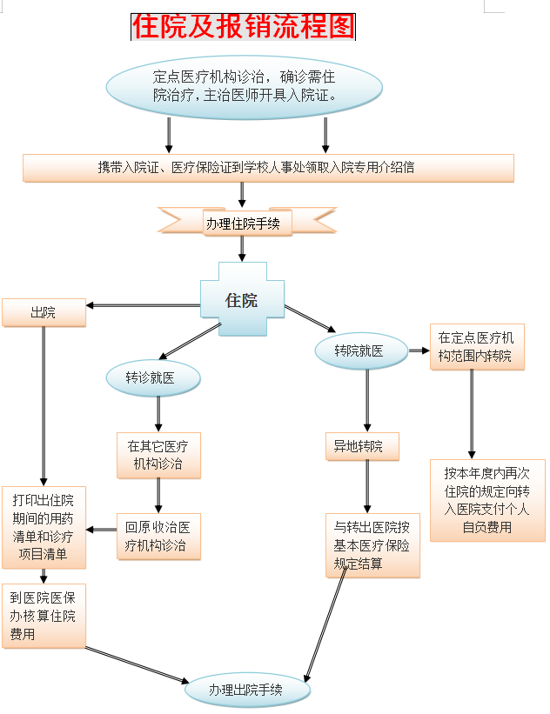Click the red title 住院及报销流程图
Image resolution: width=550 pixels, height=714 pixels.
pyautogui.click(x=243, y=27)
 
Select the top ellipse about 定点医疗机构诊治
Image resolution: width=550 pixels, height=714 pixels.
pyautogui.click(x=244, y=85)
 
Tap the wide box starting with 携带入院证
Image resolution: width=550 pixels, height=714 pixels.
pyautogui.click(x=268, y=168)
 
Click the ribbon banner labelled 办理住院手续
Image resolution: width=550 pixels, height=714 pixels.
pyautogui.click(x=243, y=223)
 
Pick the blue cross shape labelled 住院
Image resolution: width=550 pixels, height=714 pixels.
pyautogui.click(x=241, y=300)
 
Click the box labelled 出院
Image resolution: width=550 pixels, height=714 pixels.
pyautogui.click(x=44, y=313)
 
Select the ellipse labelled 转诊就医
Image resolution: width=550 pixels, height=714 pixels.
pyautogui.click(x=152, y=378)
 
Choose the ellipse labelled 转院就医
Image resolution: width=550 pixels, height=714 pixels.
pyautogui.click(x=359, y=350)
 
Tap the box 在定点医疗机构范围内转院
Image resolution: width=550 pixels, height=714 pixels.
pyautogui.click(x=476, y=347)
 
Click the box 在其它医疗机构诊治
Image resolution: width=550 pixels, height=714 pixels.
pyautogui.click(x=158, y=455)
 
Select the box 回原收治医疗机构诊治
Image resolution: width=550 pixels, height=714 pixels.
pyautogui.click(x=158, y=537)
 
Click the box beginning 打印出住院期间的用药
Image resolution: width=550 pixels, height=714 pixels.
pyautogui.click(x=44, y=526)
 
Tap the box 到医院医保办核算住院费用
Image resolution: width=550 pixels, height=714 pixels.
pyautogui.click(x=44, y=616)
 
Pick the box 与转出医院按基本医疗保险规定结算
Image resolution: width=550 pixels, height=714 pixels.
pyautogui.click(x=372, y=545)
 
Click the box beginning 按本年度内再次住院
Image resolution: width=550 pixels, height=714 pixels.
pyautogui.click(x=487, y=500)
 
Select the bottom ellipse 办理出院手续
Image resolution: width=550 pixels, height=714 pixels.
pyautogui.click(x=247, y=691)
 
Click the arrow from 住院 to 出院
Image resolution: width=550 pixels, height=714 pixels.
pyautogui.click(x=144, y=305)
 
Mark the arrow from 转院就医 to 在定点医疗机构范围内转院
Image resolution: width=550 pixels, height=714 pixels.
pyautogui.click(x=419, y=350)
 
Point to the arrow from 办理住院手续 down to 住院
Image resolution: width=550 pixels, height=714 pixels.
pyautogui.click(x=242, y=249)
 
